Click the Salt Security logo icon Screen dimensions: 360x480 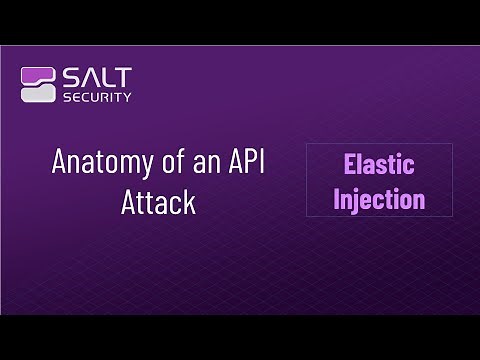38,84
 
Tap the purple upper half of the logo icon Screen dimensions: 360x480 38,75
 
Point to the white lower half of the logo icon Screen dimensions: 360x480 38,93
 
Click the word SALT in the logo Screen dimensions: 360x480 97,76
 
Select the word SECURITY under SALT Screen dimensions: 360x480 97,97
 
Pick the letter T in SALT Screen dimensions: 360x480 123,76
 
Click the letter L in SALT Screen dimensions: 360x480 108,76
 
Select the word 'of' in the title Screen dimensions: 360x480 167,163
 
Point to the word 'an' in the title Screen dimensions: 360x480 204,163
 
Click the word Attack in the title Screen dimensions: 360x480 158,201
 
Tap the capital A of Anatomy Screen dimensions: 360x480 59,163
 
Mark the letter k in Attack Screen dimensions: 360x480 189,201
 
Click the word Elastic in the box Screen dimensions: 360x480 379,165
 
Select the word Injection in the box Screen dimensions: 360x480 379,198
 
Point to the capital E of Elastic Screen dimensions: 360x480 350,165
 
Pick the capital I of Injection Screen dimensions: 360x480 338,198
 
